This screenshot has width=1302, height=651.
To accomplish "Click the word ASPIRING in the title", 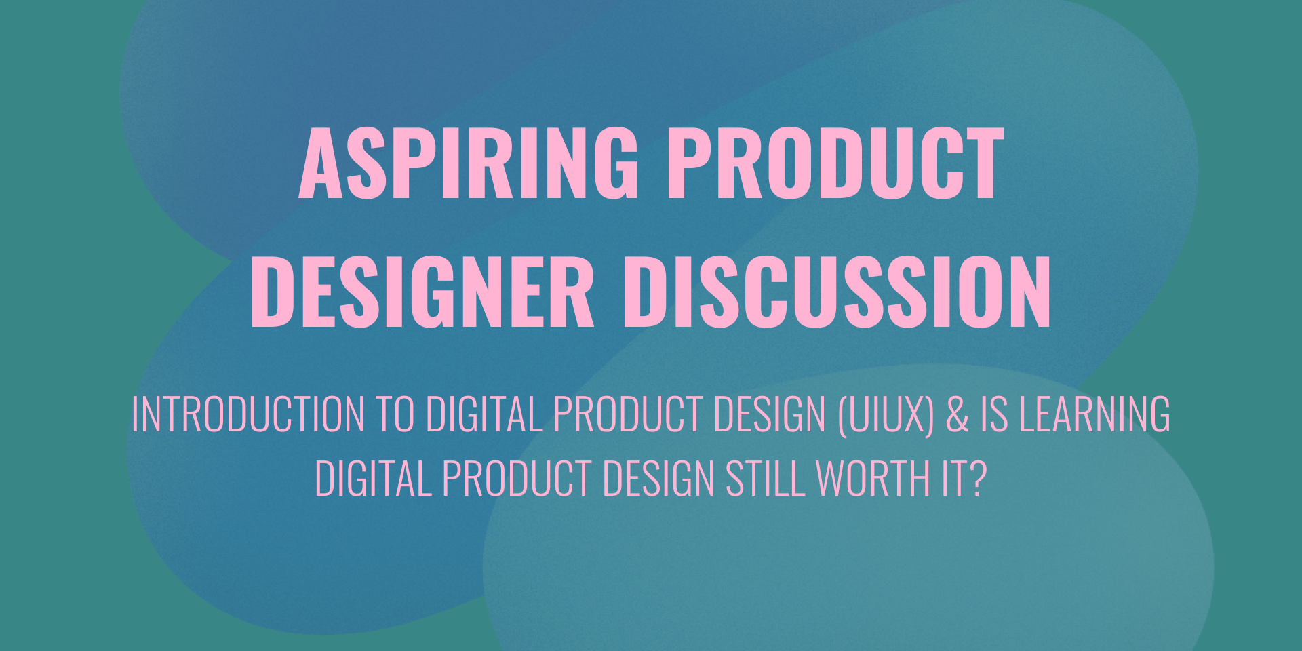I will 469,163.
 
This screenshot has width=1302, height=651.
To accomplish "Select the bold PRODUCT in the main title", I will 835,163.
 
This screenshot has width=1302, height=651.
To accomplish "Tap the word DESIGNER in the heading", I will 422,292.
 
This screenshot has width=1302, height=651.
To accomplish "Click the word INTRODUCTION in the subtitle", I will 248,414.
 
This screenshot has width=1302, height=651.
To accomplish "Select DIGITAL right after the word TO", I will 484,414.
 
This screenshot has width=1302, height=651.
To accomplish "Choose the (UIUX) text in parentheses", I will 886,414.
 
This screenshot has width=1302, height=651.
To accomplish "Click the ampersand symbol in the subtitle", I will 958,414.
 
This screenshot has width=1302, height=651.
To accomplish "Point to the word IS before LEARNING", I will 994,414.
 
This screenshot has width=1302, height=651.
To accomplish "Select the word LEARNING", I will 1095,414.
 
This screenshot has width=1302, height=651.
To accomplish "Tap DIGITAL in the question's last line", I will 373,479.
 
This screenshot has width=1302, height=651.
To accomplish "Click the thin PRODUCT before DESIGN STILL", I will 517,479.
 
